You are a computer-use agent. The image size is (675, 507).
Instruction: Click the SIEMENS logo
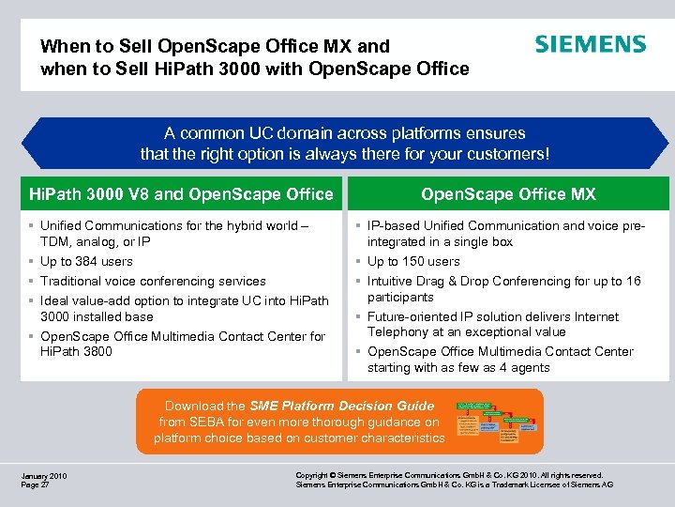click(x=590, y=45)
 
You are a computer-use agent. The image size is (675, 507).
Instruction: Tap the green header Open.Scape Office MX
click(x=508, y=194)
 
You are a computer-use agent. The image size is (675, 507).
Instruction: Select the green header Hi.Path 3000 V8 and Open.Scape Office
click(x=182, y=194)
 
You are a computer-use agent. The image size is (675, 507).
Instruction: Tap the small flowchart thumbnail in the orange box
click(x=499, y=422)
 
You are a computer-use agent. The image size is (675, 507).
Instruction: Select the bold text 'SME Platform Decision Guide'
click(x=341, y=406)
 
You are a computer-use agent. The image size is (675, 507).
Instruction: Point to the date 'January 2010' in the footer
click(x=43, y=476)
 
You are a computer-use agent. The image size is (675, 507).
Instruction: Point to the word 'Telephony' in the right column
click(x=397, y=331)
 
